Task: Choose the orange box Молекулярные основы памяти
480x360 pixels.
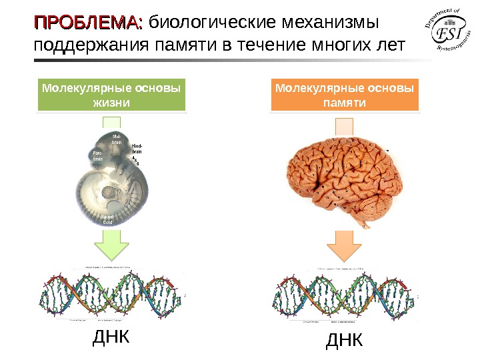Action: coord(345,95)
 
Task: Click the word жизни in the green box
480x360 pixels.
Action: coord(112,103)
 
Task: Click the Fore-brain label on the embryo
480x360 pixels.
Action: coord(97,156)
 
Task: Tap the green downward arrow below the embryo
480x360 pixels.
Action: coord(112,246)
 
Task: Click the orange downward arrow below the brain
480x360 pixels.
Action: coord(345,246)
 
